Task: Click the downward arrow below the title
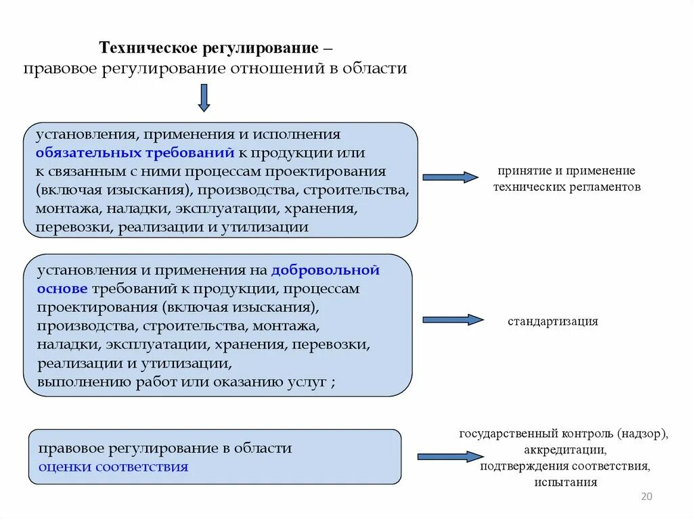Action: (204, 97)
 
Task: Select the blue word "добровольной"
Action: (325, 271)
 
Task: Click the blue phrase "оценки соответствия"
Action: (113, 466)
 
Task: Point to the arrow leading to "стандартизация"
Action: (453, 320)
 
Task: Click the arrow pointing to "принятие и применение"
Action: (450, 177)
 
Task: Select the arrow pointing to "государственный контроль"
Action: (450, 457)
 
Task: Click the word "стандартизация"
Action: (553, 321)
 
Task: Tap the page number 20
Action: (646, 497)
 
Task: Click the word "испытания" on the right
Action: (565, 482)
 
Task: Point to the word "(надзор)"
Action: (642, 434)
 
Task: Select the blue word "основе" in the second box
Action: (63, 289)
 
